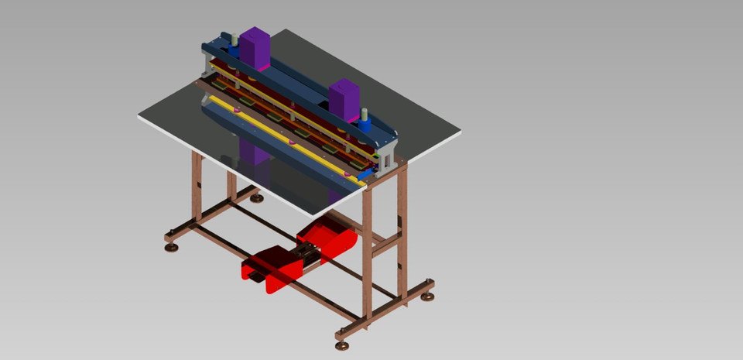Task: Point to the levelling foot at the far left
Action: tap(171, 247)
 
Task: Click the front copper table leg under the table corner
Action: tap(367, 248)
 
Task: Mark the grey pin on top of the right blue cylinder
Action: tap(365, 113)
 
